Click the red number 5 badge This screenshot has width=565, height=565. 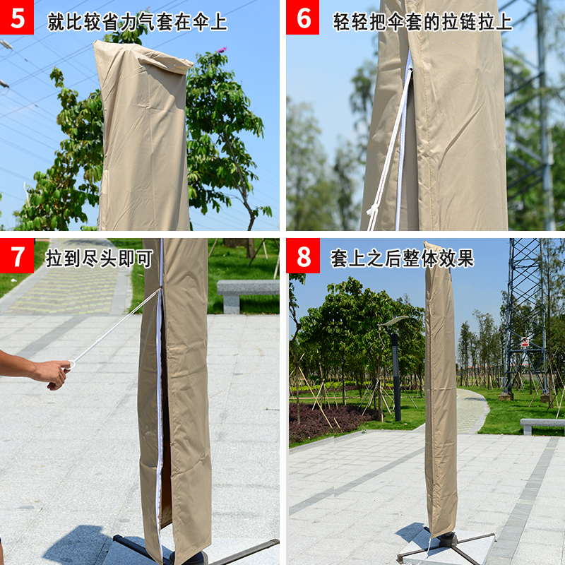click(x=16, y=17)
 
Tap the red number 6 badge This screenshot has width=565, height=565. click(x=303, y=17)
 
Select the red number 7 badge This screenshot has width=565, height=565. click(x=17, y=256)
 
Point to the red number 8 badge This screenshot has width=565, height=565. click(x=303, y=256)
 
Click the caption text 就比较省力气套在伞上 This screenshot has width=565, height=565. click(x=137, y=23)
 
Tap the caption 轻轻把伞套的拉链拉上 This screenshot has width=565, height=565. click(x=422, y=22)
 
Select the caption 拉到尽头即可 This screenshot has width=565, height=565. click(x=100, y=258)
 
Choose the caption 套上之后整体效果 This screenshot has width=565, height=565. click(x=402, y=258)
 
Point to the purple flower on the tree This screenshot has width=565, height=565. click(x=222, y=49)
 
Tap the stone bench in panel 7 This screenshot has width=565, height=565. click(x=248, y=295)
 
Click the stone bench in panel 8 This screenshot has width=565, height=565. click(x=542, y=426)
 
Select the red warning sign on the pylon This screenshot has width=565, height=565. click(x=525, y=342)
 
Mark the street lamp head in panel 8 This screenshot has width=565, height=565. click(x=393, y=321)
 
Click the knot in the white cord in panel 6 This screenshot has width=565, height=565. click(x=371, y=210)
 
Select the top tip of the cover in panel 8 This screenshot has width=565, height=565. click(x=427, y=242)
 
